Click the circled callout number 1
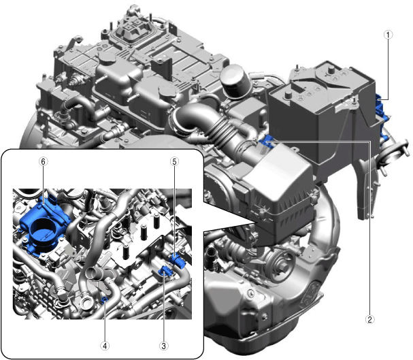[x=388, y=35]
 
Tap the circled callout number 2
[x=369, y=320]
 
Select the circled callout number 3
[x=163, y=346]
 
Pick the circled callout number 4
[x=105, y=346]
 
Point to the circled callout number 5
[x=174, y=161]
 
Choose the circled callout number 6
[x=44, y=161]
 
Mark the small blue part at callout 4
[x=105, y=299]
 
